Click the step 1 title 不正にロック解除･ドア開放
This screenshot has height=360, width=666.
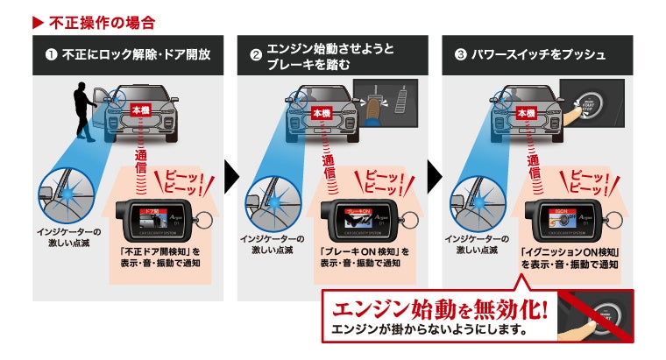click(136, 54)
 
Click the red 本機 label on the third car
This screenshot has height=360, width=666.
click(525, 113)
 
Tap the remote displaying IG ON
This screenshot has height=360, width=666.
click(556, 221)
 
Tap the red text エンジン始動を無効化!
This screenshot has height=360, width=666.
click(438, 309)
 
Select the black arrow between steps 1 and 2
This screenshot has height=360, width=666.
click(230, 175)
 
